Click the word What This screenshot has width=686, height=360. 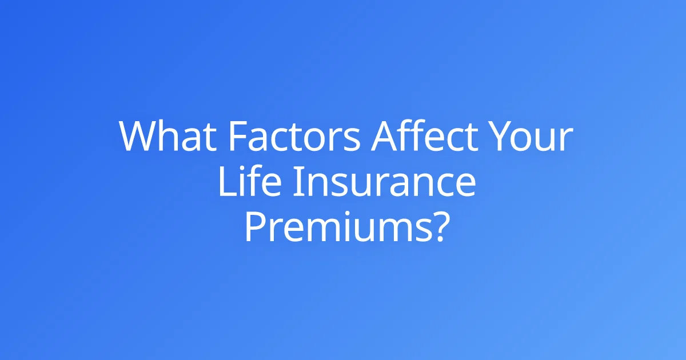pos(167,135)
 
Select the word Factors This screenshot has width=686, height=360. pos(294,136)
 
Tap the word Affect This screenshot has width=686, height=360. pos(424,135)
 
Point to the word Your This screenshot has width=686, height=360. pos(531,136)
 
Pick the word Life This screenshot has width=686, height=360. pos(250,181)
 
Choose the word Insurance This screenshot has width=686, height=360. pos(385,181)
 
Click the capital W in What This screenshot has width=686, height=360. pos(140,136)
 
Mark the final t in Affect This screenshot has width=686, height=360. pos(471,138)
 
